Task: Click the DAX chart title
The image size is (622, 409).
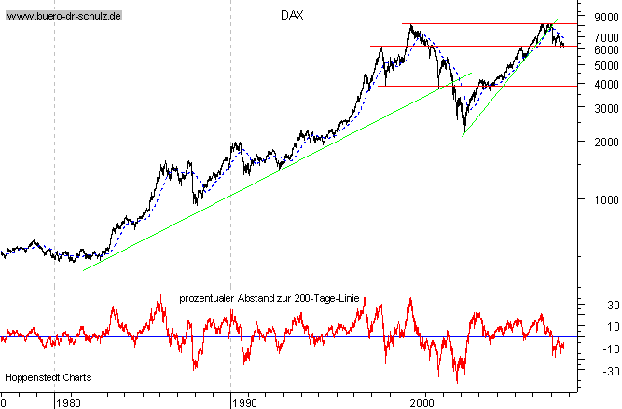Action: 293,15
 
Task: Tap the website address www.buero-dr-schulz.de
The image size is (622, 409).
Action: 64,17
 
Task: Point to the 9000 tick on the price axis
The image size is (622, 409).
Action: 592,16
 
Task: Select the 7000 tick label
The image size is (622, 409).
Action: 592,34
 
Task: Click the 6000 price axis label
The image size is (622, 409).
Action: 592,48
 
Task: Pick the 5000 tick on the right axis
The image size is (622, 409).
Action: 592,65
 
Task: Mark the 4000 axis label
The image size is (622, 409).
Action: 592,84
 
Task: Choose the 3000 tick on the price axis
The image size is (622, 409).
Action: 592,108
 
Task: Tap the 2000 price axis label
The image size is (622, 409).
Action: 592,142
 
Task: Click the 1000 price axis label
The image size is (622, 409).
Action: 592,198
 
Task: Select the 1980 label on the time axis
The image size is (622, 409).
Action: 67,402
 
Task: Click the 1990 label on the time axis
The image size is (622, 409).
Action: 244,402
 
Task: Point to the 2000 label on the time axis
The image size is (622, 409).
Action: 422,402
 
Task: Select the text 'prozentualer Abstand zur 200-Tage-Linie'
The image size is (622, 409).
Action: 269,299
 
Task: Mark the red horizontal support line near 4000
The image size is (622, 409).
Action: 485,86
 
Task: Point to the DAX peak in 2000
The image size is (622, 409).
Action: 410,26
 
